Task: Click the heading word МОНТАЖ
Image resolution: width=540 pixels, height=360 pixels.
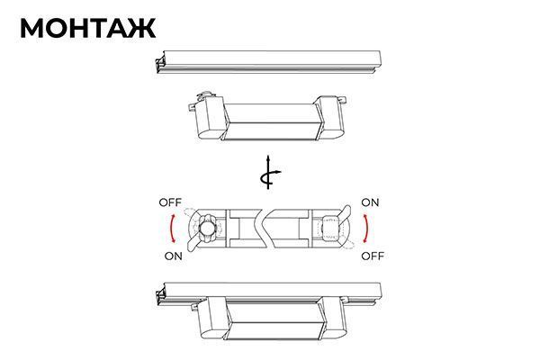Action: [88, 28]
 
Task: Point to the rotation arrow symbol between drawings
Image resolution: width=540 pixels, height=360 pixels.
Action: [268, 173]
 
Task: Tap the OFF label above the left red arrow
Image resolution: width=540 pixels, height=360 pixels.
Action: [170, 202]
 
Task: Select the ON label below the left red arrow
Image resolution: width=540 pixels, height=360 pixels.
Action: [173, 256]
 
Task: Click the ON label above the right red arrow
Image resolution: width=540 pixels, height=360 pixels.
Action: [370, 202]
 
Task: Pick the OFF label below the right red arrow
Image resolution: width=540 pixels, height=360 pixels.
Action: [373, 256]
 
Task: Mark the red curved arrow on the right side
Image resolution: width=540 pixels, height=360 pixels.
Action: [367, 228]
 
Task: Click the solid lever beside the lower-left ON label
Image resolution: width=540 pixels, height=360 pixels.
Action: [193, 243]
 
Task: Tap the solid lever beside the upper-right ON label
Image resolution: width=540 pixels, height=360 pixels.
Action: [345, 212]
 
